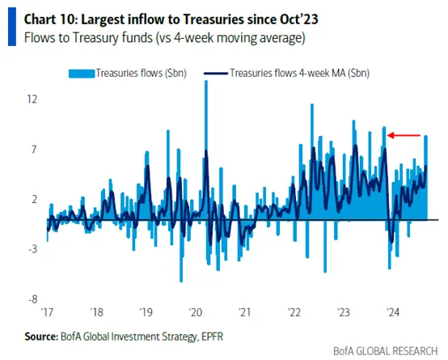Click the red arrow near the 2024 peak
pyautogui.click(x=403, y=135)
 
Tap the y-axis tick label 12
pyautogui.click(x=32, y=100)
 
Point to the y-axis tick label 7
pyautogui.click(x=33, y=150)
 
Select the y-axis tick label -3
pyautogui.click(x=32, y=249)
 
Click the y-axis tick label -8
pyautogui.click(x=32, y=299)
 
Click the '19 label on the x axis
pyautogui.click(x=146, y=311)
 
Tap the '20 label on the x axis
pyautogui.click(x=195, y=311)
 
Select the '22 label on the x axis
pyautogui.click(x=294, y=311)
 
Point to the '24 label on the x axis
pyautogui.click(x=392, y=311)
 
